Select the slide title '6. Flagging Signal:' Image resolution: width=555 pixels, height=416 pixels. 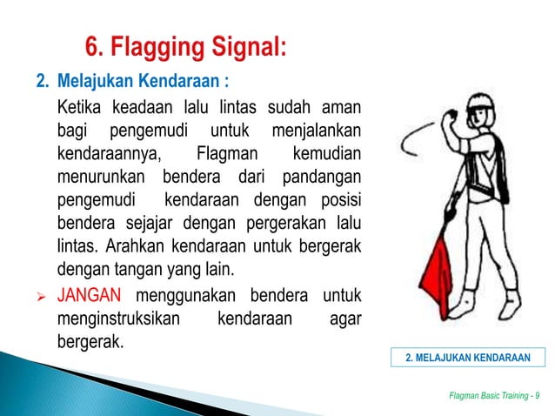click(184, 44)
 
